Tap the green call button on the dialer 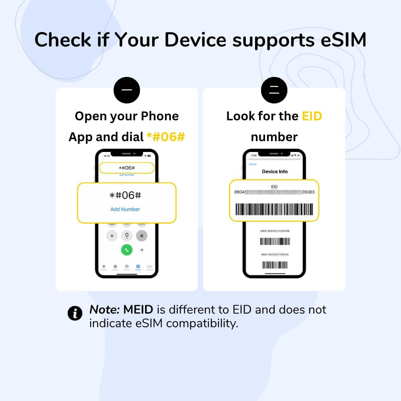click(127, 250)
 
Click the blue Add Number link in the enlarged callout click(125, 209)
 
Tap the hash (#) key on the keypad click(142, 236)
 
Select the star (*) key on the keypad click(112, 236)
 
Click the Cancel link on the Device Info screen click(253, 164)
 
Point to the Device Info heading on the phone click(275, 172)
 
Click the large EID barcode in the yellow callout click(274, 209)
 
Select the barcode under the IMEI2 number click(275, 241)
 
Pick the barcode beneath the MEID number click(275, 265)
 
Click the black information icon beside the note click(75, 313)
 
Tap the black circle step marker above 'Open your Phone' click(127, 90)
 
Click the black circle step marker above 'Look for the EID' click(274, 90)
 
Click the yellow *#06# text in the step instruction click(166, 137)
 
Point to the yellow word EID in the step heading click(312, 116)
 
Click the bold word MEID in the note click(138, 310)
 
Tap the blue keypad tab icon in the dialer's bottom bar click(138, 267)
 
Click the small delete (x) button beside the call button click(142, 250)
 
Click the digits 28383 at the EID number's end click(308, 192)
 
